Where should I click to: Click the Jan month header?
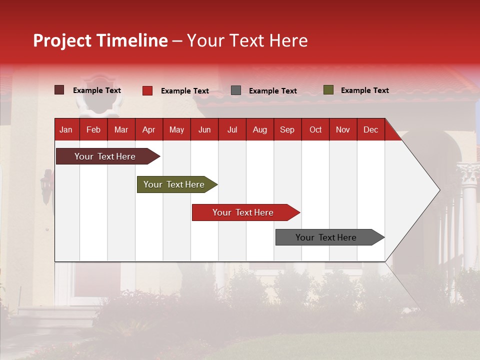tap(66, 129)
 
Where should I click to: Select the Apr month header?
tap(148, 129)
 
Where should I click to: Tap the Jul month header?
tap(232, 129)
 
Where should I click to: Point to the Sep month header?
tap(287, 129)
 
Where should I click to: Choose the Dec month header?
tap(370, 129)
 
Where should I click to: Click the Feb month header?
tap(93, 129)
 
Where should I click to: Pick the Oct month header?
tap(315, 129)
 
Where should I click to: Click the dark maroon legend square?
tap(59, 90)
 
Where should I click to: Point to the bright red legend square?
tap(147, 90)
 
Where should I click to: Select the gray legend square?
tap(236, 90)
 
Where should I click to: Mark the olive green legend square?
tap(328, 90)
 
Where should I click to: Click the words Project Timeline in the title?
tap(100, 40)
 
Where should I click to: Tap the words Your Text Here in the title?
tap(247, 40)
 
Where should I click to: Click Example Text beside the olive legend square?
tap(364, 90)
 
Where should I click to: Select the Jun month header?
tap(204, 129)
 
